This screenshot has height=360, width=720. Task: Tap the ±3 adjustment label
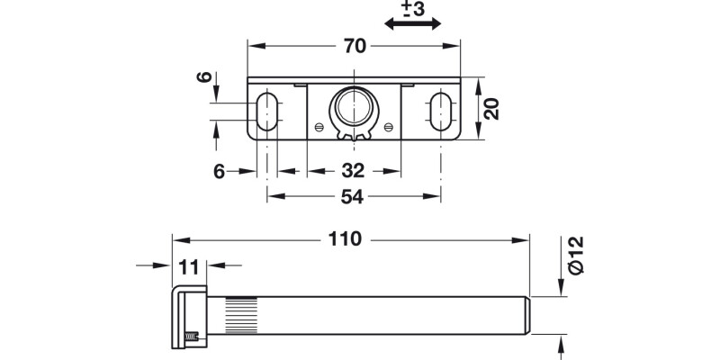coord(412,9)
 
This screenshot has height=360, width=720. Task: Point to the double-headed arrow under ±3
coord(412,25)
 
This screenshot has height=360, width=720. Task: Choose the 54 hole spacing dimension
coord(354,196)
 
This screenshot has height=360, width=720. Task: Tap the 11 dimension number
coord(188,265)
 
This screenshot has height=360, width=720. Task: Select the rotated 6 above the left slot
coord(205,78)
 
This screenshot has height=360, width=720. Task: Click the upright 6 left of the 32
coord(219,171)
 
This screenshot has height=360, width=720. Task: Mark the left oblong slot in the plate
coord(266,111)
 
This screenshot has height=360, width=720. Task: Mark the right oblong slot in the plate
coord(440,111)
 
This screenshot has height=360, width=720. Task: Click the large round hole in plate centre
coord(352,108)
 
